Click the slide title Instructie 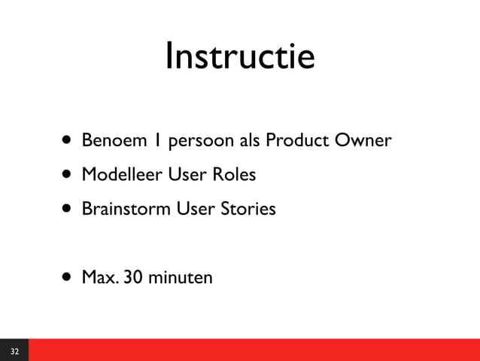click(239, 57)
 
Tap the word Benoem click(107, 141)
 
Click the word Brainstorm click(126, 209)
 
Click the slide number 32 click(14, 351)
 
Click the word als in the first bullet click(248, 141)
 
